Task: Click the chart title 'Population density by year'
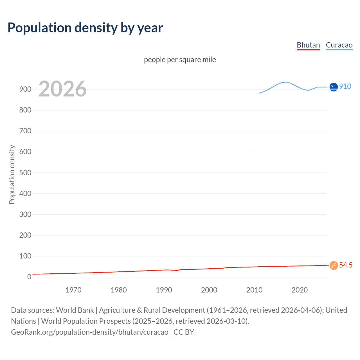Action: [85, 28]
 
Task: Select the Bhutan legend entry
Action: [308, 45]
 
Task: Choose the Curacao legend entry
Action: [339, 45]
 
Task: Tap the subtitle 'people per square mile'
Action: [180, 60]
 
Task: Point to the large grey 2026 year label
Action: [62, 89]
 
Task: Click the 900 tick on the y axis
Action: [25, 89]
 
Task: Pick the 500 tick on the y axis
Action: [25, 173]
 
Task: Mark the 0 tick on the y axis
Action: [29, 277]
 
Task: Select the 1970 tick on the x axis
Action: [73, 290]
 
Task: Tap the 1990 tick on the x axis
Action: [164, 290]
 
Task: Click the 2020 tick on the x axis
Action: [300, 290]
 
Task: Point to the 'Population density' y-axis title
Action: [12, 174]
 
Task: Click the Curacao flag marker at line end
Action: [334, 87]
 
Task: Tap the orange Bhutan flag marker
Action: [334, 265]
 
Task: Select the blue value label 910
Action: [345, 86]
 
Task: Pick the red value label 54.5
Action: [346, 265]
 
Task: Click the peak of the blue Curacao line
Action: [286, 82]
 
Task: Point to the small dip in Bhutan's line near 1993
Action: [177, 270]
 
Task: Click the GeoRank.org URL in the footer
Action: [89, 332]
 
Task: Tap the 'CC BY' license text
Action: [184, 332]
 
